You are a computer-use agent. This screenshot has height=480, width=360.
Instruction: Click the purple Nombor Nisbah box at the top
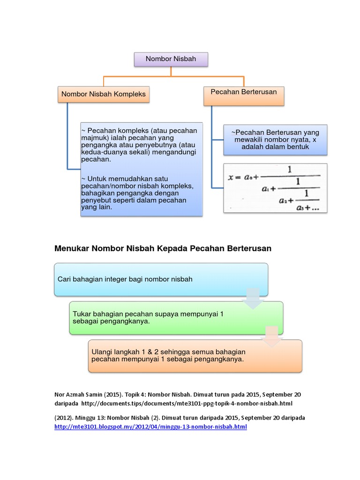(x=171, y=59)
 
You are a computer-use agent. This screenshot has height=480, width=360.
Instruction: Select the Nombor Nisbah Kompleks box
(x=104, y=94)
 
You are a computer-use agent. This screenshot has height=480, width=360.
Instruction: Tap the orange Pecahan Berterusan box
(x=244, y=92)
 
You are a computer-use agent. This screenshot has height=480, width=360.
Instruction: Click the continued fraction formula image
(x=275, y=187)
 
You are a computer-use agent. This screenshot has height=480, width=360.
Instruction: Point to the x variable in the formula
(x=231, y=178)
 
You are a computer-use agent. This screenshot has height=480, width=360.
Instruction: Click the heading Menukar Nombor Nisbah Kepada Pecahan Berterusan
(x=163, y=248)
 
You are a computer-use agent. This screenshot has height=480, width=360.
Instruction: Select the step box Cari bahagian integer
(x=161, y=279)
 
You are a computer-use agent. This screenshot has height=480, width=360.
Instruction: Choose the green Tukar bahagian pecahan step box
(x=176, y=318)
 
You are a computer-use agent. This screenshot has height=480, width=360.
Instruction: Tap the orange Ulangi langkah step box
(x=195, y=356)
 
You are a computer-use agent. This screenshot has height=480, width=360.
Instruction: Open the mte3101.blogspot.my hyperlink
(x=150, y=427)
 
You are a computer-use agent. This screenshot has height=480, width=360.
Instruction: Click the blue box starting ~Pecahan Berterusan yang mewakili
(x=275, y=140)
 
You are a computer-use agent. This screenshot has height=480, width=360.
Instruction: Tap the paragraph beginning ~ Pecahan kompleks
(x=139, y=145)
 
